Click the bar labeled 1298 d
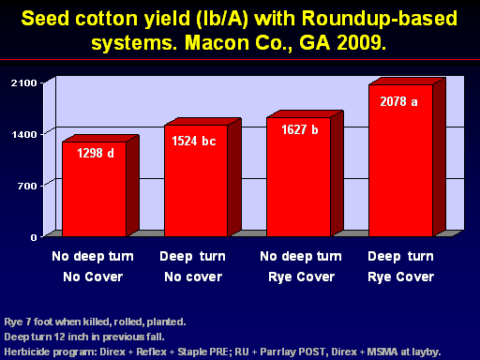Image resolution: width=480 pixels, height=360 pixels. [95, 189]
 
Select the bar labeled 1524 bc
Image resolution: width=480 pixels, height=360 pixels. [196, 181]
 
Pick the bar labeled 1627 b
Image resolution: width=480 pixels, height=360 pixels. [299, 177]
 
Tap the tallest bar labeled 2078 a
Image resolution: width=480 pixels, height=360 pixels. [401, 160]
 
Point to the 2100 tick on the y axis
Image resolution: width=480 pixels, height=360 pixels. [24, 82]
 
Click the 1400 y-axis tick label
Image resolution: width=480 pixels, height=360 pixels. [24, 134]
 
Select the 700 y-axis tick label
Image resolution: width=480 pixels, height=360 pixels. [27, 186]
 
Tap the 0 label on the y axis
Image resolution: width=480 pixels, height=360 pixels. [34, 237]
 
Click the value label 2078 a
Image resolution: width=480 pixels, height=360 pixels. [398, 101]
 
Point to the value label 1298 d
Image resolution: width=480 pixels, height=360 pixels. [96, 153]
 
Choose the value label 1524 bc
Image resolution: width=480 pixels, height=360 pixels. [194, 141]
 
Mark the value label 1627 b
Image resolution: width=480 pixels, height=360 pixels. [300, 129]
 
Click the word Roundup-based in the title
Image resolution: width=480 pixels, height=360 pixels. [380, 19]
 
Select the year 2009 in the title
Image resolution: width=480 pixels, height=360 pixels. [362, 42]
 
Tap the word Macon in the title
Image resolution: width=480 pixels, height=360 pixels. [217, 42]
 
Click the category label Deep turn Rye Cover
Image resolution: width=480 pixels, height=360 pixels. [401, 266]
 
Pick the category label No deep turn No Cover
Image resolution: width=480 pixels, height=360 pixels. [93, 266]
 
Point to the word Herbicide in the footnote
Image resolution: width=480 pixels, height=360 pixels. [23, 352]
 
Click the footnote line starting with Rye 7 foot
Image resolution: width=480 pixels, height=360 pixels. [95, 322]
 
